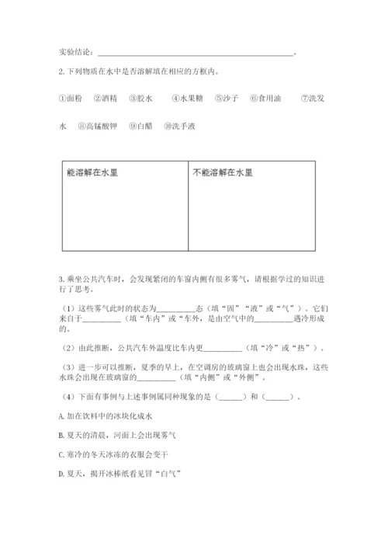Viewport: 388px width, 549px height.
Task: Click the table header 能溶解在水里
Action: pos(94,173)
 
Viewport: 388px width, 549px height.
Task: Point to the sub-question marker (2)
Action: pos(68,347)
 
